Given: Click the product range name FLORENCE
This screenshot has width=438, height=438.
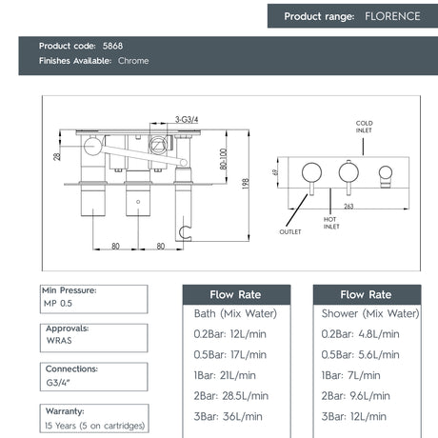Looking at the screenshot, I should click(x=388, y=16).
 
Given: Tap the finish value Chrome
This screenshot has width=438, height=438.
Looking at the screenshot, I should click(x=133, y=61).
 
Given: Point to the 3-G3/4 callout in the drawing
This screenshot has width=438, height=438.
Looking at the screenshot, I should click(x=161, y=120).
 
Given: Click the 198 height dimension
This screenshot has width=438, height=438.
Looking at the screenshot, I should click(x=245, y=182).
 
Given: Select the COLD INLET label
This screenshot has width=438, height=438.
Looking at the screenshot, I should click(x=365, y=128).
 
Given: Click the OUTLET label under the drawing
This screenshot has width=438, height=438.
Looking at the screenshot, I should click(x=290, y=230).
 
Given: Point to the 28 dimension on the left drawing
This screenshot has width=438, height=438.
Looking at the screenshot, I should click(x=57, y=156).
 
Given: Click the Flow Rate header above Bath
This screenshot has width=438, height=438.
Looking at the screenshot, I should click(x=235, y=294).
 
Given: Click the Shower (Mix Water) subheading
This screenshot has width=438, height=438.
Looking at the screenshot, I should click(x=367, y=312).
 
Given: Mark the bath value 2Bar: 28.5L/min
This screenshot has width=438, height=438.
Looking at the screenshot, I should click(x=231, y=395).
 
